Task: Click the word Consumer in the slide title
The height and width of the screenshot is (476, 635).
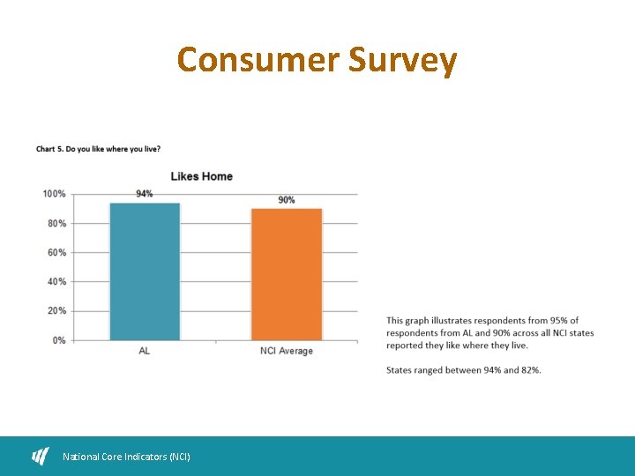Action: (x=258, y=60)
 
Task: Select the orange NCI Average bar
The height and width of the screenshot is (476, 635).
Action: (x=287, y=274)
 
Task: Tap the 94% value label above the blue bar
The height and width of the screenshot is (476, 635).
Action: (x=145, y=194)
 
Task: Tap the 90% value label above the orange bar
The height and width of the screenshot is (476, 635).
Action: (x=287, y=200)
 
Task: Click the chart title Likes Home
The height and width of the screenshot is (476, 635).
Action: (x=201, y=176)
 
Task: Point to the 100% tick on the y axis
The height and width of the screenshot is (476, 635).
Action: (x=54, y=194)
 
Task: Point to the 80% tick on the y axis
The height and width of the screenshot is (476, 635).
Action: (x=56, y=223)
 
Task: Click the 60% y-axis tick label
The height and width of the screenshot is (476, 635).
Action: (x=56, y=252)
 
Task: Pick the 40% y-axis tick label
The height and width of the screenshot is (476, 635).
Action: (x=56, y=281)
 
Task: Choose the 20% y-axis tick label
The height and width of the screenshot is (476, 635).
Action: (x=56, y=310)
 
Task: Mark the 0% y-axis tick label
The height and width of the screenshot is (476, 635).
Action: (x=58, y=339)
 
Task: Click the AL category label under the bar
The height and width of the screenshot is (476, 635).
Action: (x=145, y=351)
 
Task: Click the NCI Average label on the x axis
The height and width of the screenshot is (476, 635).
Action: (x=287, y=351)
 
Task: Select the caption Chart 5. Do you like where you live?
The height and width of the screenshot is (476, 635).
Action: (x=98, y=149)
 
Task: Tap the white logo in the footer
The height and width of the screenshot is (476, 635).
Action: (x=41, y=456)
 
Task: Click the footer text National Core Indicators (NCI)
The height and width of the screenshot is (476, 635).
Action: (x=126, y=457)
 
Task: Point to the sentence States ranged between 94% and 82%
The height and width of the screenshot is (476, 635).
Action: (x=464, y=370)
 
